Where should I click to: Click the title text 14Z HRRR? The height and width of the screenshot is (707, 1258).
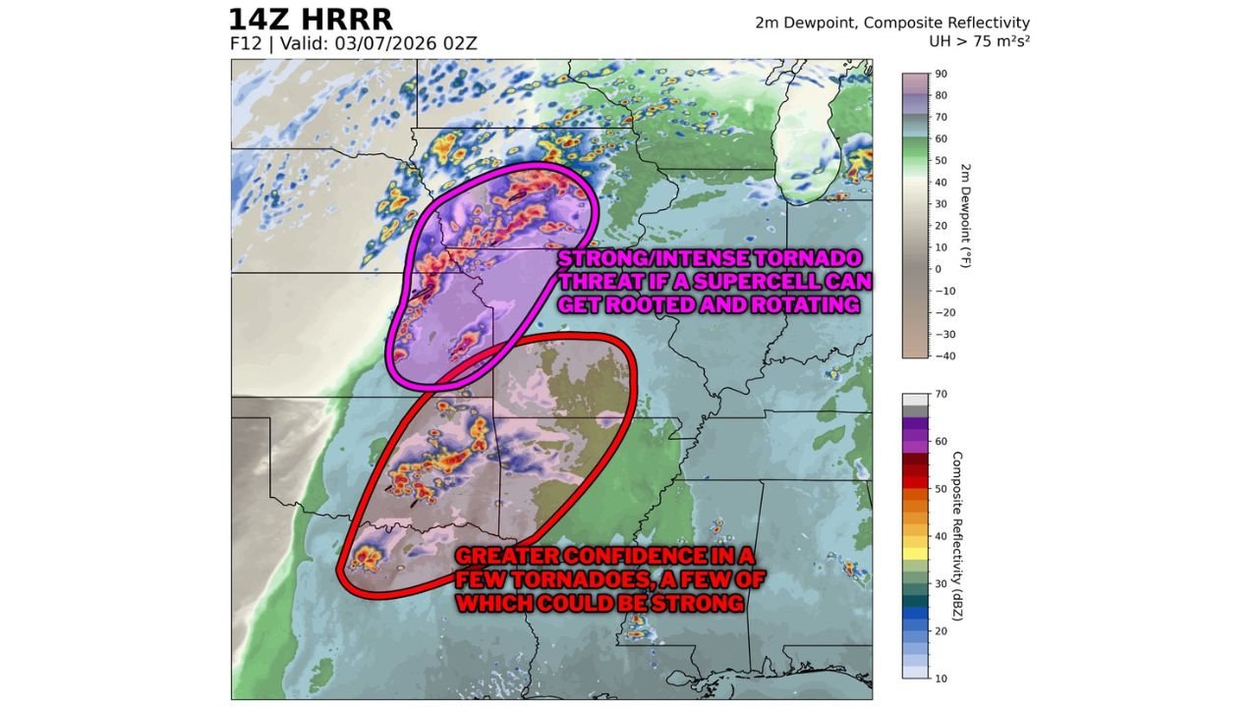click(x=311, y=19)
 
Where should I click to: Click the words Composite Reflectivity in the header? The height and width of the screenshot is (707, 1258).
click(x=962, y=23)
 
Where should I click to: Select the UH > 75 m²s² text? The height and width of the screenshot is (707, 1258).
click(x=979, y=41)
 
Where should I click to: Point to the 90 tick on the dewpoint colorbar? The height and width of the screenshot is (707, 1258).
click(x=941, y=74)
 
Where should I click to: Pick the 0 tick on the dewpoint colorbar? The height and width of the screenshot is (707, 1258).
click(x=938, y=269)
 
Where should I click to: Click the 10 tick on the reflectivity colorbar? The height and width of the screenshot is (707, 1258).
click(x=941, y=678)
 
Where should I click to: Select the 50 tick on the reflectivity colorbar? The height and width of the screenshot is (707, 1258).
click(x=941, y=488)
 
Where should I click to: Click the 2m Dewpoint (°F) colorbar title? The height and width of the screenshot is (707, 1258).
click(x=965, y=215)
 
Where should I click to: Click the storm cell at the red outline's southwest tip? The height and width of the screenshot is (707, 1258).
click(x=369, y=560)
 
